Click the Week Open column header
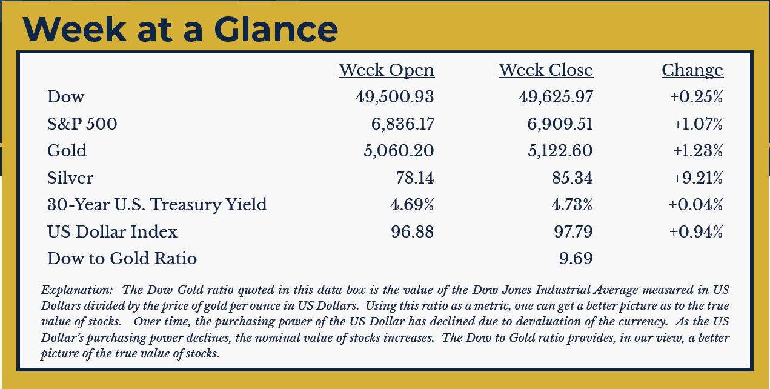tap(387, 70)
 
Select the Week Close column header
tap(546, 70)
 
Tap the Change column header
tap(692, 70)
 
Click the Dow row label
tap(66, 97)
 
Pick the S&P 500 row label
tap(82, 124)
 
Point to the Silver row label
tap(70, 178)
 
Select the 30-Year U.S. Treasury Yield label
tap(157, 205)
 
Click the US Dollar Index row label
tap(112, 231)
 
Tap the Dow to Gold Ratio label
tap(122, 259)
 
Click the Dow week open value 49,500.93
tap(394, 97)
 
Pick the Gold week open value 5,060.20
tap(399, 151)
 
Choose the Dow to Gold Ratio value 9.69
tap(576, 259)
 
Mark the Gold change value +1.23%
tap(697, 151)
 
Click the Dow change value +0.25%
tap(697, 97)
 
